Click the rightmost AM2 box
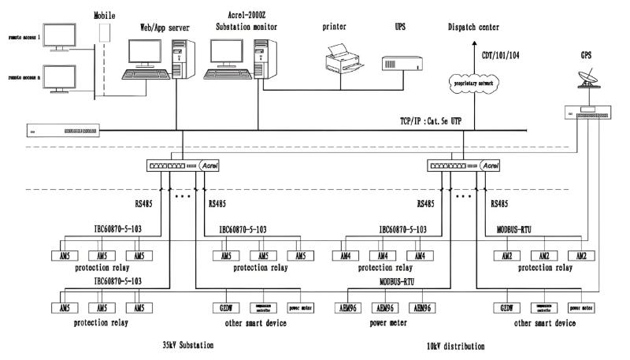[582, 256]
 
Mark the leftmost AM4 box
[344, 256]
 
